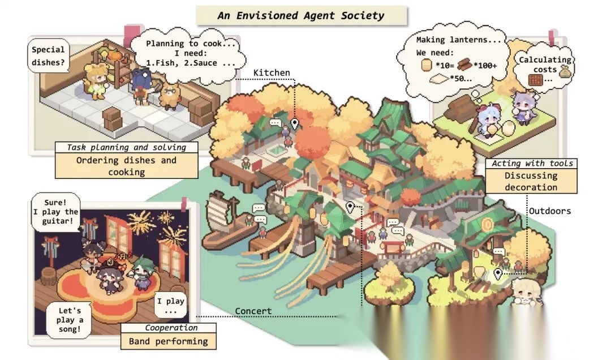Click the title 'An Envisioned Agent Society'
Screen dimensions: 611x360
point(301,15)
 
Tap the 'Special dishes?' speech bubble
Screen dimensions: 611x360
point(48,56)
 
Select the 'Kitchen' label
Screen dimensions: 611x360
point(272,72)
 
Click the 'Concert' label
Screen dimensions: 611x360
point(253,311)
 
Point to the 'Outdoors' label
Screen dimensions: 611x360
point(550,211)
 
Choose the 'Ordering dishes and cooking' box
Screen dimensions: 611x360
point(127,165)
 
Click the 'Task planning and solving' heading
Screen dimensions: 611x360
point(127,147)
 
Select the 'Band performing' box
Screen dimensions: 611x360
point(168,341)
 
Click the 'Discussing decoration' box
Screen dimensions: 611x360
point(531,181)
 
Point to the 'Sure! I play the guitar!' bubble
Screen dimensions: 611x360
point(55,211)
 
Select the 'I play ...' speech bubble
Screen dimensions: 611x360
point(171,306)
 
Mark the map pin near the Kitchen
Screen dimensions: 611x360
point(294,125)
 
